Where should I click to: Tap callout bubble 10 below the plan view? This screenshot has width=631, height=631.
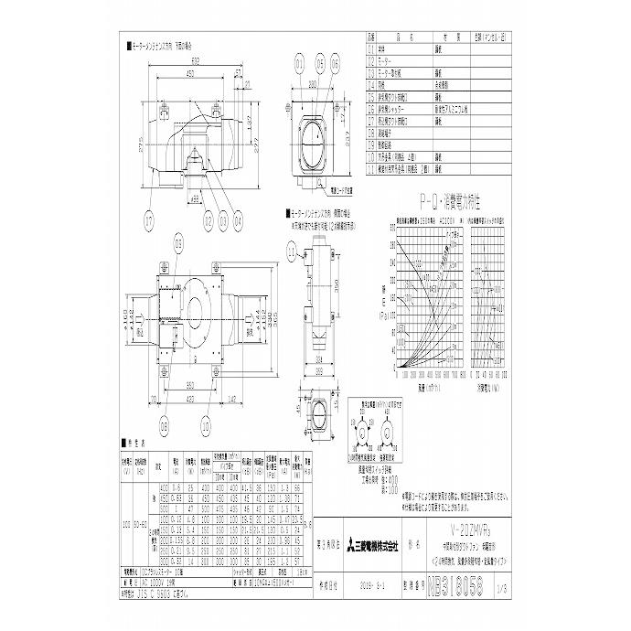[205, 425]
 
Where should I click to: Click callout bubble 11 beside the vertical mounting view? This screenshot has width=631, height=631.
[292, 248]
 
